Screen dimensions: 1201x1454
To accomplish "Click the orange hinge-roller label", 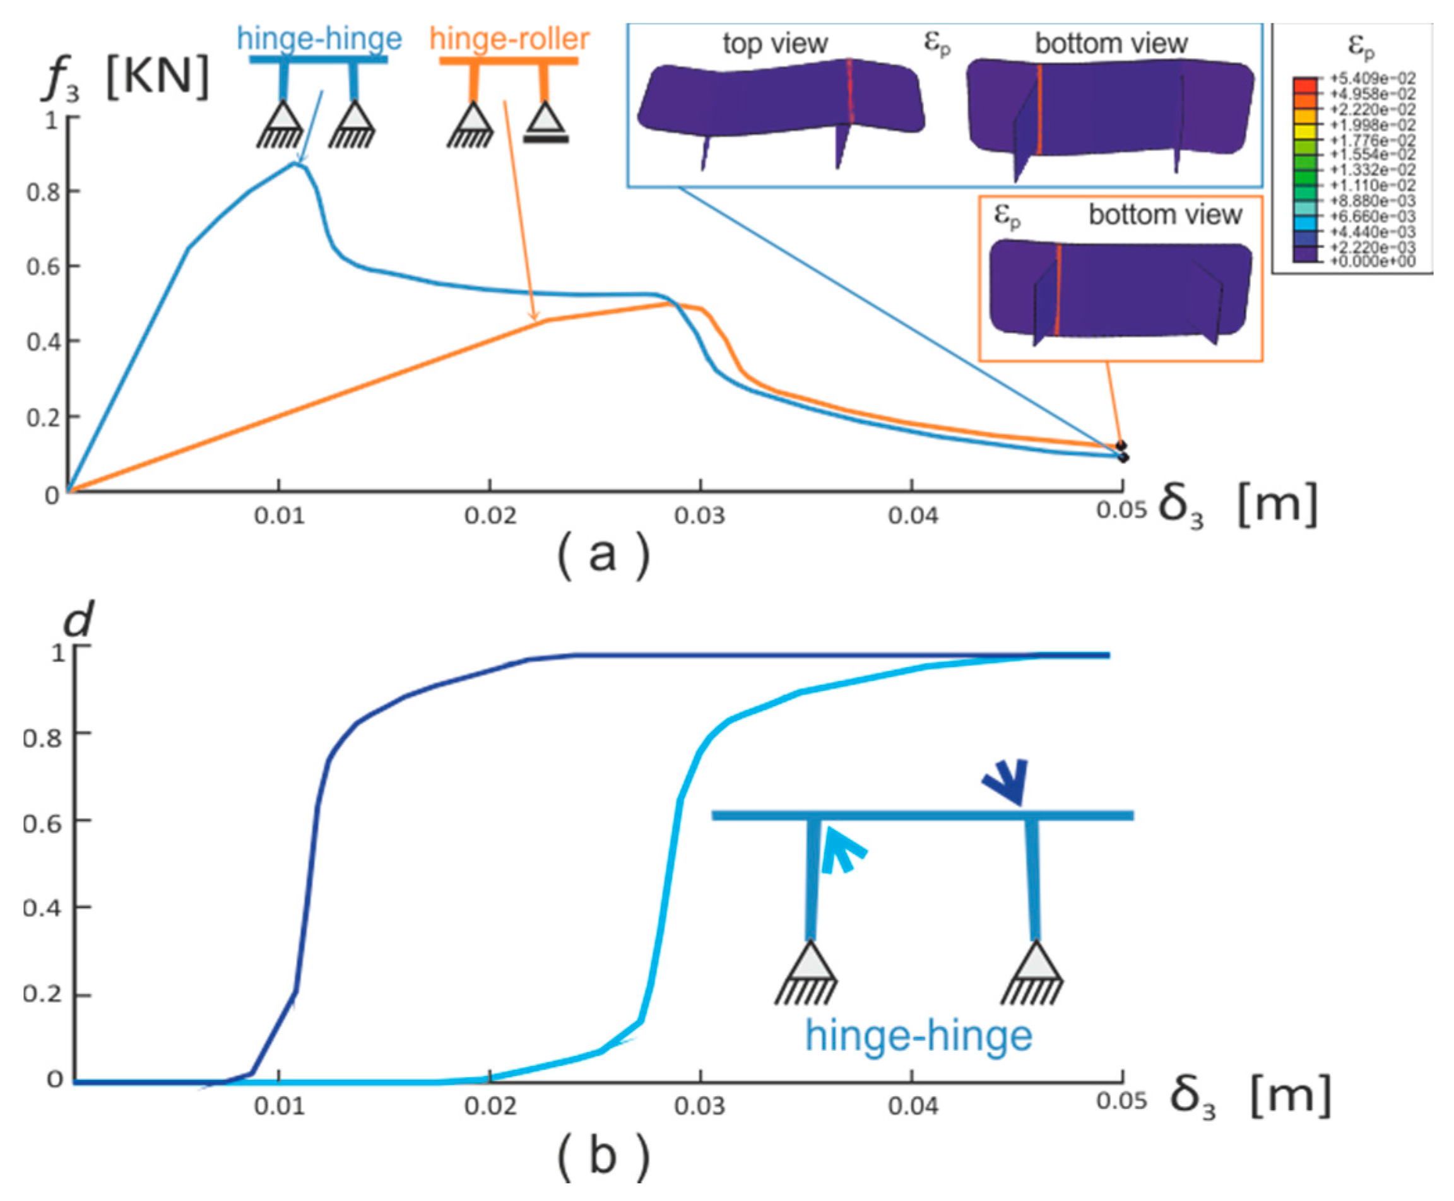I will [509, 38].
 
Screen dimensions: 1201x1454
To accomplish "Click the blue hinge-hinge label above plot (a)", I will [319, 38].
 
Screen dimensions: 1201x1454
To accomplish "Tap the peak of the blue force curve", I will [297, 163].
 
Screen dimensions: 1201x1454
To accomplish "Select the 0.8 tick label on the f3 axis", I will [43, 192].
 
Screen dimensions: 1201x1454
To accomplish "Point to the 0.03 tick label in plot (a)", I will [700, 516].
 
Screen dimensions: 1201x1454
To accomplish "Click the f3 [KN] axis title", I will [124, 78].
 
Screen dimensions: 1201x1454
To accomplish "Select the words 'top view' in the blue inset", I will [775, 44].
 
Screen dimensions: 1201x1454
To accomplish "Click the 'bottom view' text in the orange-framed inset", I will [1165, 215].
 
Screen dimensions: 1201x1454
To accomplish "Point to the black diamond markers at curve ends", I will [1121, 451].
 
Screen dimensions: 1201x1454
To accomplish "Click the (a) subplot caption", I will [603, 554].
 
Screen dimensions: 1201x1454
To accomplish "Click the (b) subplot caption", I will [603, 1156].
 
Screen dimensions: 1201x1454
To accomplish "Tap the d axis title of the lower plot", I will [78, 618].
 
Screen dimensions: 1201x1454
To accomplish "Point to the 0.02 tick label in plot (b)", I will [490, 1106].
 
